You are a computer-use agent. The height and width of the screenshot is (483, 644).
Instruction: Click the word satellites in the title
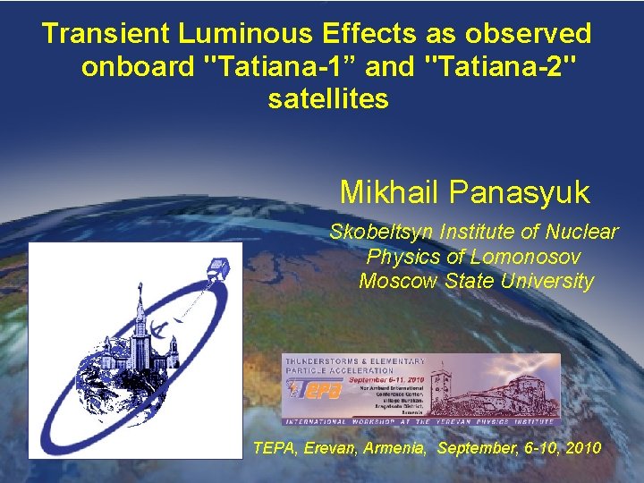[x=328, y=99]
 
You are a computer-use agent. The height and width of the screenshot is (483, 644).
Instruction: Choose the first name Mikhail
[x=390, y=192]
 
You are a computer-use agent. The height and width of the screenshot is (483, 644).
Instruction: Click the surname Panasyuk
[x=519, y=192]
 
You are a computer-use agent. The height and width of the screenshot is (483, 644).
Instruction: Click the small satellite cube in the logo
[x=223, y=265]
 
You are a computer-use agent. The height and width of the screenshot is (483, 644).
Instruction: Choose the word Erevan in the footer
[x=335, y=447]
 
